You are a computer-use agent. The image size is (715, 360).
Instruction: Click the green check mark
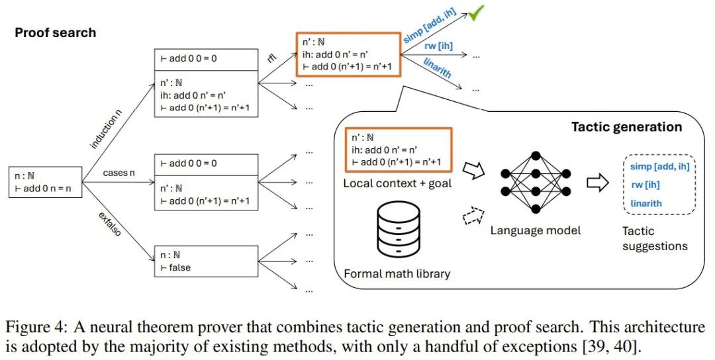[x=475, y=13]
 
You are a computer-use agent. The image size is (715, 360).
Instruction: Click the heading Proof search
[x=56, y=32]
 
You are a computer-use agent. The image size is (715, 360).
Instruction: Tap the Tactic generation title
[x=626, y=126]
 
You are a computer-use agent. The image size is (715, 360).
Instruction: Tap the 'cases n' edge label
[x=119, y=173]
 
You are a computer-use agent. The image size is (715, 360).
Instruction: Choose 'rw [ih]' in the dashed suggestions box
[x=642, y=185]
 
